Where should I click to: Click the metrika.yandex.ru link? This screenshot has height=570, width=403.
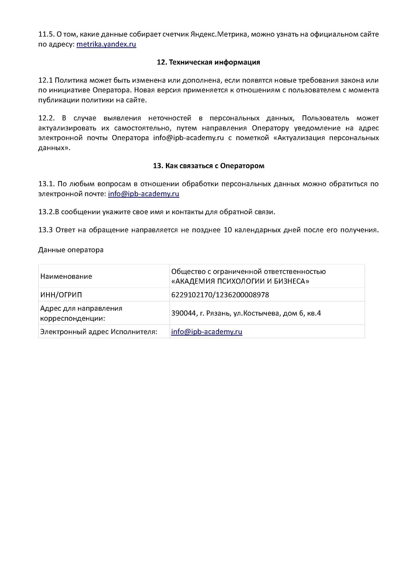[106, 44]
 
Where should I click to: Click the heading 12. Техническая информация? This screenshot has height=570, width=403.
[208, 62]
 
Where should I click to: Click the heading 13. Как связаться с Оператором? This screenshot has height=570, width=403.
[208, 166]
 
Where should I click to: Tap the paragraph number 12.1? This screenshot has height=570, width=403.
[45, 80]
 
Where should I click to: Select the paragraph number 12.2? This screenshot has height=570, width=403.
[46, 118]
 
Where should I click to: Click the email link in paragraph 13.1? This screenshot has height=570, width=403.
[143, 194]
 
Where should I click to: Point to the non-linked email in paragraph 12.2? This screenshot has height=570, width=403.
[188, 138]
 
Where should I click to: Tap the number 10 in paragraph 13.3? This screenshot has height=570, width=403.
[227, 230]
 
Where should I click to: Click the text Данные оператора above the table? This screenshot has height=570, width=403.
[71, 250]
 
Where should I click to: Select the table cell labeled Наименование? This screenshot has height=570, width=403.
[66, 276]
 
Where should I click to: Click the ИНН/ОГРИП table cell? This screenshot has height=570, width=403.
[61, 295]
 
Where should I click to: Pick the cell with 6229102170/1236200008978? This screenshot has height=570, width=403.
[220, 295]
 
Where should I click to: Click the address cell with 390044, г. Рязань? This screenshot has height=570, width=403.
[246, 313]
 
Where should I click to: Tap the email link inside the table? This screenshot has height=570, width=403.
[207, 332]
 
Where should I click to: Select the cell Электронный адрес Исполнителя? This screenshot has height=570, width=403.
[98, 332]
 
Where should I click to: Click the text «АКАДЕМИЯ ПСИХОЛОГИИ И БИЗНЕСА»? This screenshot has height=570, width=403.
[240, 281]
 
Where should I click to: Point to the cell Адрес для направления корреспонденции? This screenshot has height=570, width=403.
[81, 313]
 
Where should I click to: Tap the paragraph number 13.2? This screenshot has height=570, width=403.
[46, 212]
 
